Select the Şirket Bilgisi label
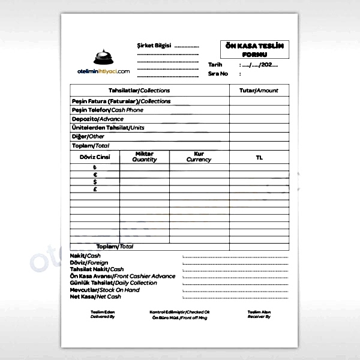coord(154,46)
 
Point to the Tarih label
coord(215,65)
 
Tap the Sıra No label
coord(218,74)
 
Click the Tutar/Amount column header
coord(259,91)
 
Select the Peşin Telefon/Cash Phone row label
coord(107,110)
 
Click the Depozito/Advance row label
coord(97,119)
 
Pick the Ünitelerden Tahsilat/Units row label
coord(108,128)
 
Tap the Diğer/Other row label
coord(88,136)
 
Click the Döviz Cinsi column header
coord(95,157)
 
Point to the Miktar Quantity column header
coord(145,157)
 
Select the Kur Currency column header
coord(199,157)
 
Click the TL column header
coord(259,157)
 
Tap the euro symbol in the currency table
coord(95,175)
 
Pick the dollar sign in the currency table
coord(95,182)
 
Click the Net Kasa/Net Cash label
coord(96,297)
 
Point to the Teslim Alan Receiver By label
coord(259,314)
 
